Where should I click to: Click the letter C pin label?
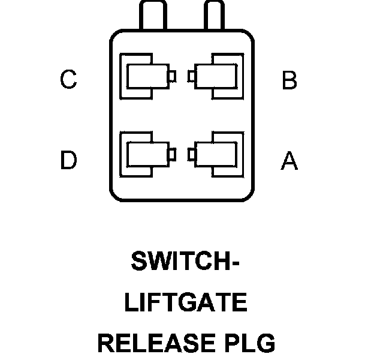point(68,80)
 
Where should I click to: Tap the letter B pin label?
point(289,80)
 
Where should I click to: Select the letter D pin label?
point(68,160)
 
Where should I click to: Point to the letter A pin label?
point(289,160)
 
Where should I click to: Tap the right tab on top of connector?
point(215,17)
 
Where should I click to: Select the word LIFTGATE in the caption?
point(186,303)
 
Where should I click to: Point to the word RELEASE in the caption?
point(155,344)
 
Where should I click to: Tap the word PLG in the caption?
point(250,344)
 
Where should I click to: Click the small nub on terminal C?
point(172,77)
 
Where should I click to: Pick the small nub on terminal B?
point(191,76)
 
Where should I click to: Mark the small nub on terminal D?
point(172,154)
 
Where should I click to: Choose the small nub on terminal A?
point(191,154)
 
